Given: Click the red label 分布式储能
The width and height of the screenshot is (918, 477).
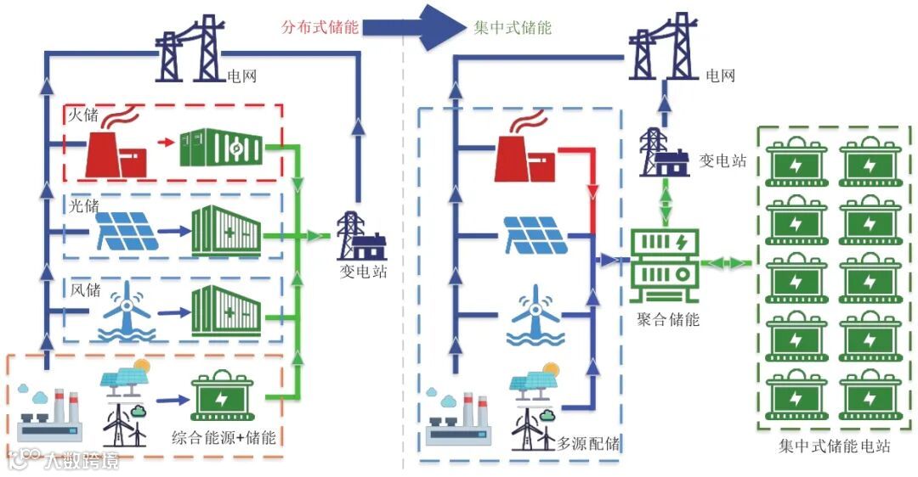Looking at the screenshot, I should (320, 26).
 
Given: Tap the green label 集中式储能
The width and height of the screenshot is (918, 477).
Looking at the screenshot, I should (513, 26).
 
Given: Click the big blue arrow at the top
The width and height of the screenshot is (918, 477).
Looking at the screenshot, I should (416, 26).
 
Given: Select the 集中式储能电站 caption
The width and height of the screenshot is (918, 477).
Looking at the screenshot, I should (834, 446).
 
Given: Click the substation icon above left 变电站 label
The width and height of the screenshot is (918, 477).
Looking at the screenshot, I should (361, 237).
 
